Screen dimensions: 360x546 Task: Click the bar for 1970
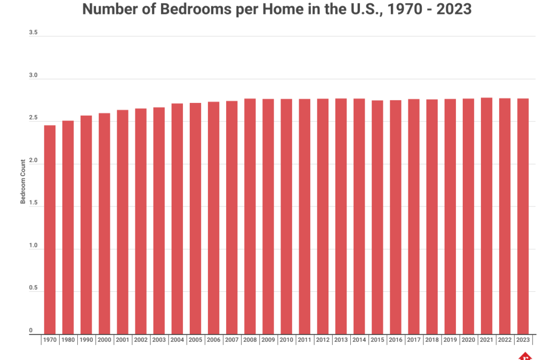tap(50, 229)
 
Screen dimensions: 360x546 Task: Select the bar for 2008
tap(250, 216)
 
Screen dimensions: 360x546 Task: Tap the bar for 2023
tap(523, 216)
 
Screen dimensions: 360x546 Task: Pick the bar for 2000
tap(104, 223)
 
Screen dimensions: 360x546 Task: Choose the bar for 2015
tap(377, 217)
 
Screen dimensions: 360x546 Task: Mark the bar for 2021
tap(486, 215)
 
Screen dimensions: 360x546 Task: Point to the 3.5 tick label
tap(33, 33)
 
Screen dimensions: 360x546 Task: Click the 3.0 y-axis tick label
tap(33, 76)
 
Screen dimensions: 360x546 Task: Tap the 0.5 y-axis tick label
tap(33, 289)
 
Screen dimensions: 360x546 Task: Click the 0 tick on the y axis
tap(31, 331)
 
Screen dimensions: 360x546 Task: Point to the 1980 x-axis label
tap(68, 339)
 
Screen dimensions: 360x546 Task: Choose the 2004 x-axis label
tap(177, 339)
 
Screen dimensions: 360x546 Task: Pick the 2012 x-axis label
tap(323, 339)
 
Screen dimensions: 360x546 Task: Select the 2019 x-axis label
tap(450, 339)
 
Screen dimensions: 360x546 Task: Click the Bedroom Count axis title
tap(23, 183)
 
